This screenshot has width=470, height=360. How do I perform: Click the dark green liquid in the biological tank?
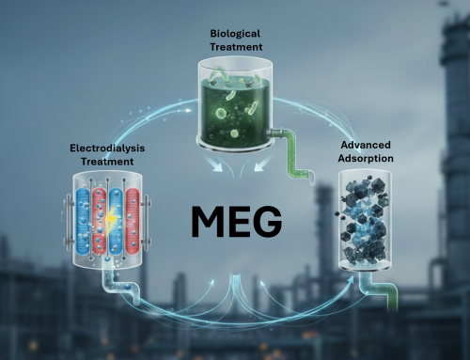coord(234,113)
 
